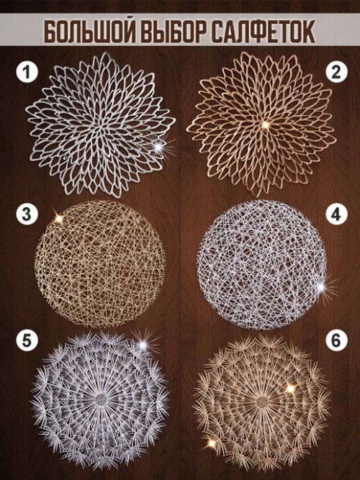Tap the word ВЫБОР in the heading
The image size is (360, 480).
pyautogui.click(x=174, y=32)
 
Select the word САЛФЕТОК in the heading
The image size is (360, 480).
pyautogui.click(x=264, y=32)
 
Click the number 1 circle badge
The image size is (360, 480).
pyautogui.click(x=27, y=73)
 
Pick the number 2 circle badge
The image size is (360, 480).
pyautogui.click(x=336, y=73)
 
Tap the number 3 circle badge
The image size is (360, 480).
pyautogui.click(x=27, y=214)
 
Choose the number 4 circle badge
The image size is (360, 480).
pyautogui.click(x=336, y=214)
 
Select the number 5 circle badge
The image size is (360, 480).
pyautogui.click(x=27, y=341)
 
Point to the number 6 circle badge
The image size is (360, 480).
pyautogui.click(x=336, y=341)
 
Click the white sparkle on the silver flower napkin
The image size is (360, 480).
pyautogui.click(x=158, y=148)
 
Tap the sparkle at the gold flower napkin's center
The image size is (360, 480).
pyautogui.click(x=266, y=124)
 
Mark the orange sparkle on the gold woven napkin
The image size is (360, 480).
pyautogui.click(x=59, y=219)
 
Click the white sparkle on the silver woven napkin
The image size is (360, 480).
pyautogui.click(x=320, y=287)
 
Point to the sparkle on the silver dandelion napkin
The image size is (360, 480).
pyautogui.click(x=143, y=345)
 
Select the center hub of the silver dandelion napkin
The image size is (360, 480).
pyautogui.click(x=100, y=399)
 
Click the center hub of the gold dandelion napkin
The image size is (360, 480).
pyautogui.click(x=261, y=402)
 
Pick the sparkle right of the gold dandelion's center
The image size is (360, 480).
pyautogui.click(x=290, y=388)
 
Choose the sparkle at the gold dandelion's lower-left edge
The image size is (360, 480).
pyautogui.click(x=212, y=443)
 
